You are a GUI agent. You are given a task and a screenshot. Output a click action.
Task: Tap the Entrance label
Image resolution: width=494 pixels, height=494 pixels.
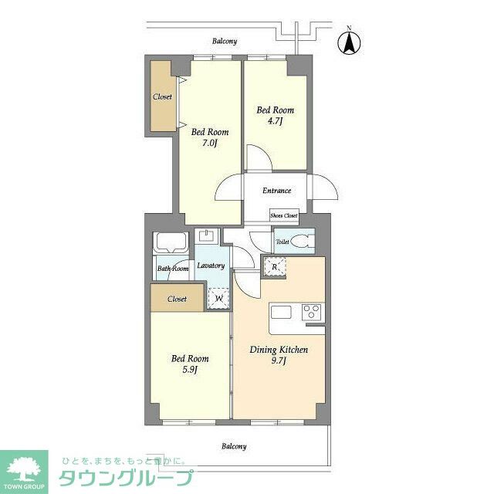[276, 191]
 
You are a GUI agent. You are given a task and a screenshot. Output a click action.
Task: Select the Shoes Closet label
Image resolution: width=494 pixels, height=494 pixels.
[283, 215]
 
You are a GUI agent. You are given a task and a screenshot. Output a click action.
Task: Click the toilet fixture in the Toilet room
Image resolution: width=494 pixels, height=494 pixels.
[300, 241]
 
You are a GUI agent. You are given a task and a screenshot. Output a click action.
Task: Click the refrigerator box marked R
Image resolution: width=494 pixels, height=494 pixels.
[274, 268]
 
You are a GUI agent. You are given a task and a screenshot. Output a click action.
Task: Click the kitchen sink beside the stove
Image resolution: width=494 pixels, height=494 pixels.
[280, 313]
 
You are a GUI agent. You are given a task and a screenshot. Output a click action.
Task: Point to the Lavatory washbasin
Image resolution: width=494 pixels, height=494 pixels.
[206, 235]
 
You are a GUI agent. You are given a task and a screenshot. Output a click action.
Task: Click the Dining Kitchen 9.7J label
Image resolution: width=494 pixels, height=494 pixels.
[279, 356]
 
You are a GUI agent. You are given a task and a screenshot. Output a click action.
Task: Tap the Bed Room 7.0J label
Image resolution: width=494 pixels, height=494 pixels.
[210, 137]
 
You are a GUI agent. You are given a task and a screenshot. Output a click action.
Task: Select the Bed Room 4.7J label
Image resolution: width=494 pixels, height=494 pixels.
[275, 115]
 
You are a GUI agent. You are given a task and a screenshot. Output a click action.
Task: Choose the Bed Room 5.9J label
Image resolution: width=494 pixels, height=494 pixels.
[190, 364]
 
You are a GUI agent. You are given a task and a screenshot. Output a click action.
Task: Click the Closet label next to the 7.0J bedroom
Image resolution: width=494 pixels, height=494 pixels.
[162, 96]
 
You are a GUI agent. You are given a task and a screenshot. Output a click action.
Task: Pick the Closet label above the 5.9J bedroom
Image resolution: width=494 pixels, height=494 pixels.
[177, 298]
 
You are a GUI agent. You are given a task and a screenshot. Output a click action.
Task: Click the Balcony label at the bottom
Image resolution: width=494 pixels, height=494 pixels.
[234, 446]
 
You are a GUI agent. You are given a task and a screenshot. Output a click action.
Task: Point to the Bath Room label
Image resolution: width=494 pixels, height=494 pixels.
[173, 269]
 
